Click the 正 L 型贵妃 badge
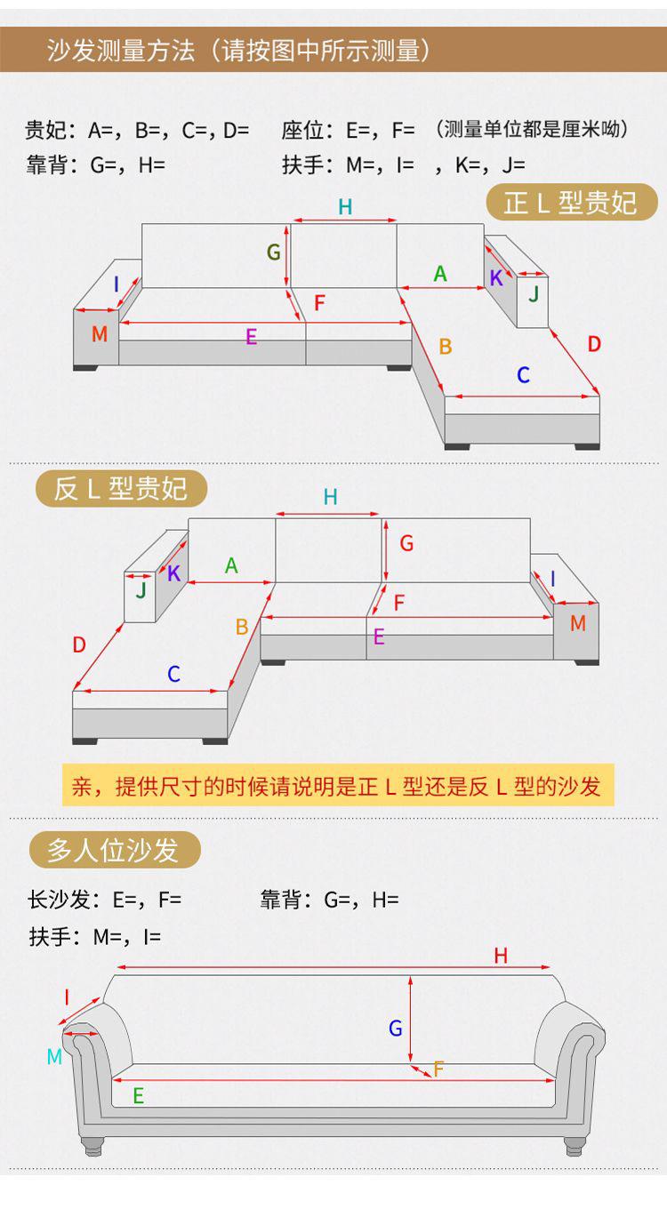tap(572, 202)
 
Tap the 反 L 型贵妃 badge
tap(121, 488)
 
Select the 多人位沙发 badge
tap(115, 849)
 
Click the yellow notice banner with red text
tap(338, 785)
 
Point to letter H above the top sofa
tap(345, 207)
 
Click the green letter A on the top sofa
tap(440, 273)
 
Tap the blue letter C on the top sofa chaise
tap(523, 374)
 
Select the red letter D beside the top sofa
tap(594, 344)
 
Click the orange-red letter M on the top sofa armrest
tap(100, 333)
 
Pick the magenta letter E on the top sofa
tap(251, 337)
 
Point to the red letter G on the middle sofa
tap(406, 543)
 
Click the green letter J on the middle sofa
tap(141, 589)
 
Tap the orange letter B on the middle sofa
tap(242, 627)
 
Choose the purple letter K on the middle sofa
tap(174, 573)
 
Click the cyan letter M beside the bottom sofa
tap(54, 1057)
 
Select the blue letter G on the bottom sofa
tap(395, 1028)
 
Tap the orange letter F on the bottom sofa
tap(438, 1069)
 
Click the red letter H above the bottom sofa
tap(501, 956)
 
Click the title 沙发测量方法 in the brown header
tap(121, 51)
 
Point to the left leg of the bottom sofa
tap(93, 1146)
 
